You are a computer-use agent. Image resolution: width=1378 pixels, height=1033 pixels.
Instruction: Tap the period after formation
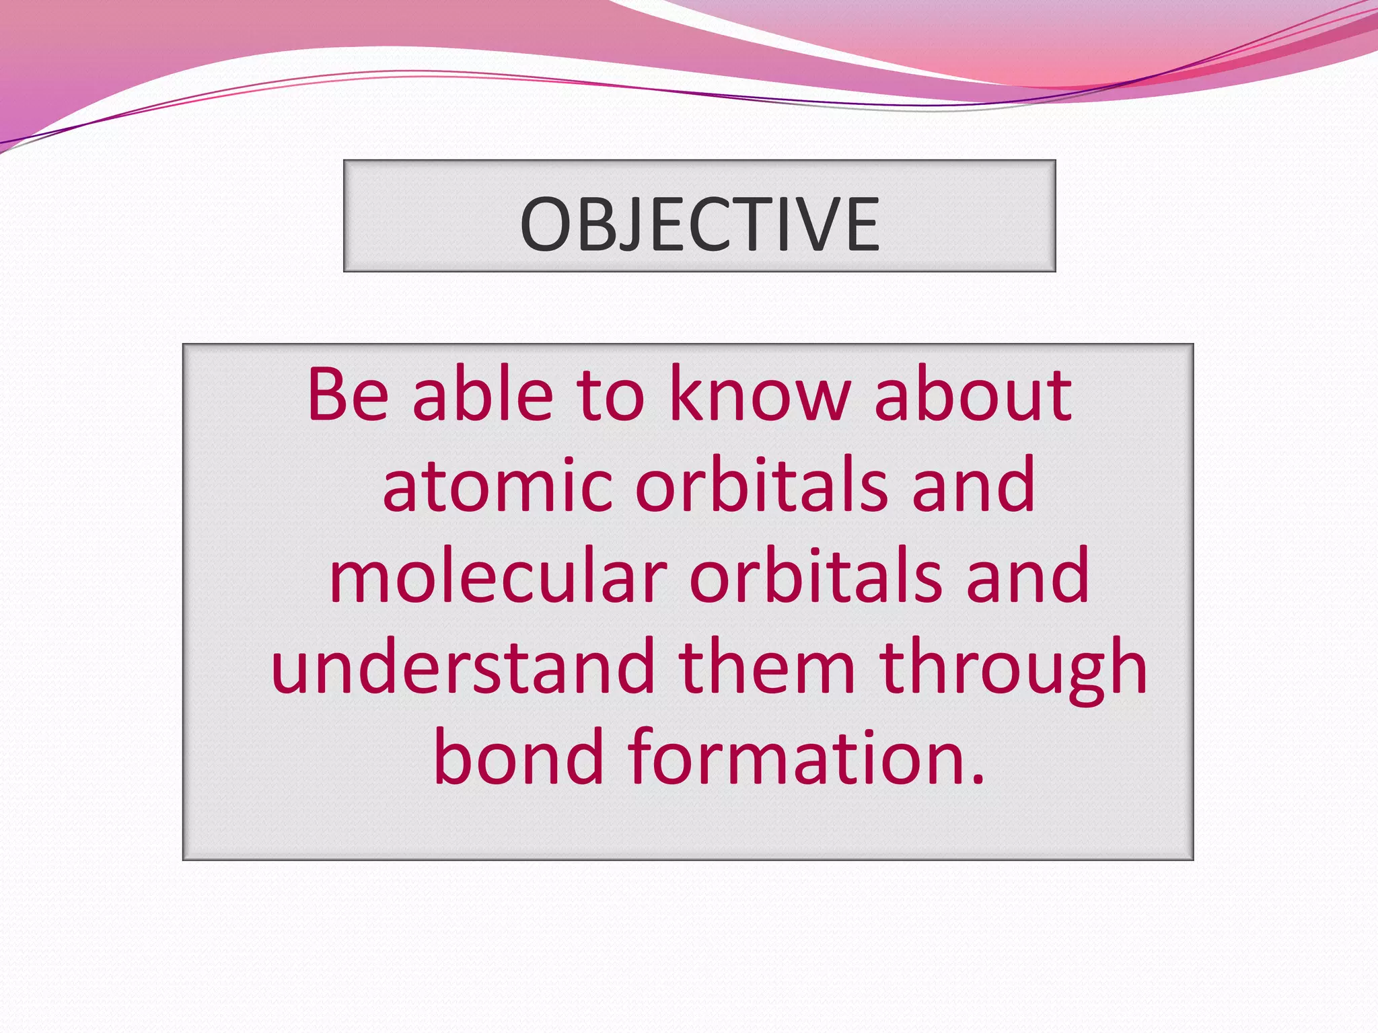[x=978, y=779]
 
